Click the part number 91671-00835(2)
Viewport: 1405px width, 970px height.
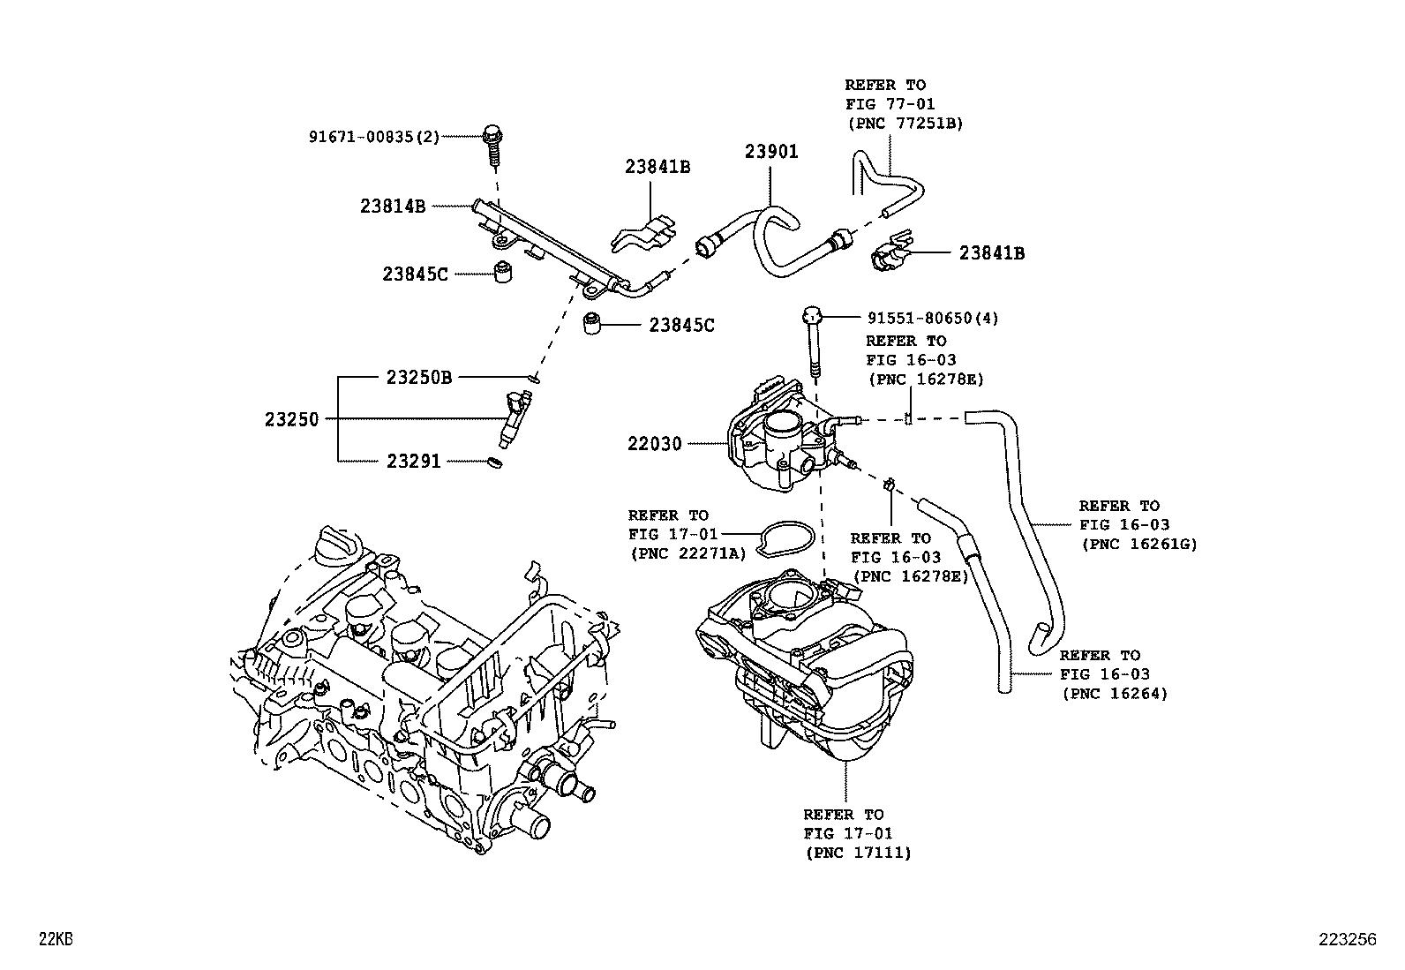[x=373, y=137]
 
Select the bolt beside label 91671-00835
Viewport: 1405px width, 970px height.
[x=493, y=147]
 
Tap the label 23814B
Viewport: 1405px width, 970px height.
[x=393, y=207]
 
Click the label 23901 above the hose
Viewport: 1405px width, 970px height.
[x=770, y=152]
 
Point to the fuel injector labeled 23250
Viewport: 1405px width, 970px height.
[x=515, y=421]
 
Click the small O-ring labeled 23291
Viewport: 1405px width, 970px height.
[x=496, y=462]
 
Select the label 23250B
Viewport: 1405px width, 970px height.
[x=419, y=378]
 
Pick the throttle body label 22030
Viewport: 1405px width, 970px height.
[x=655, y=444]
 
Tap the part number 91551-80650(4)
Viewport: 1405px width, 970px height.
[x=920, y=318]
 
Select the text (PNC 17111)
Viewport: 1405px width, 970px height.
[x=858, y=853]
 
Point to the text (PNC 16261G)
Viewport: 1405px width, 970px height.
[x=1138, y=545]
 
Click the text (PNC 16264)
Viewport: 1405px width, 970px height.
[x=1115, y=694]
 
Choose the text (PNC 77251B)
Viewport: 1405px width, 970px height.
[x=905, y=124]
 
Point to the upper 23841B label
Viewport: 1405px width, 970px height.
[x=657, y=166]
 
